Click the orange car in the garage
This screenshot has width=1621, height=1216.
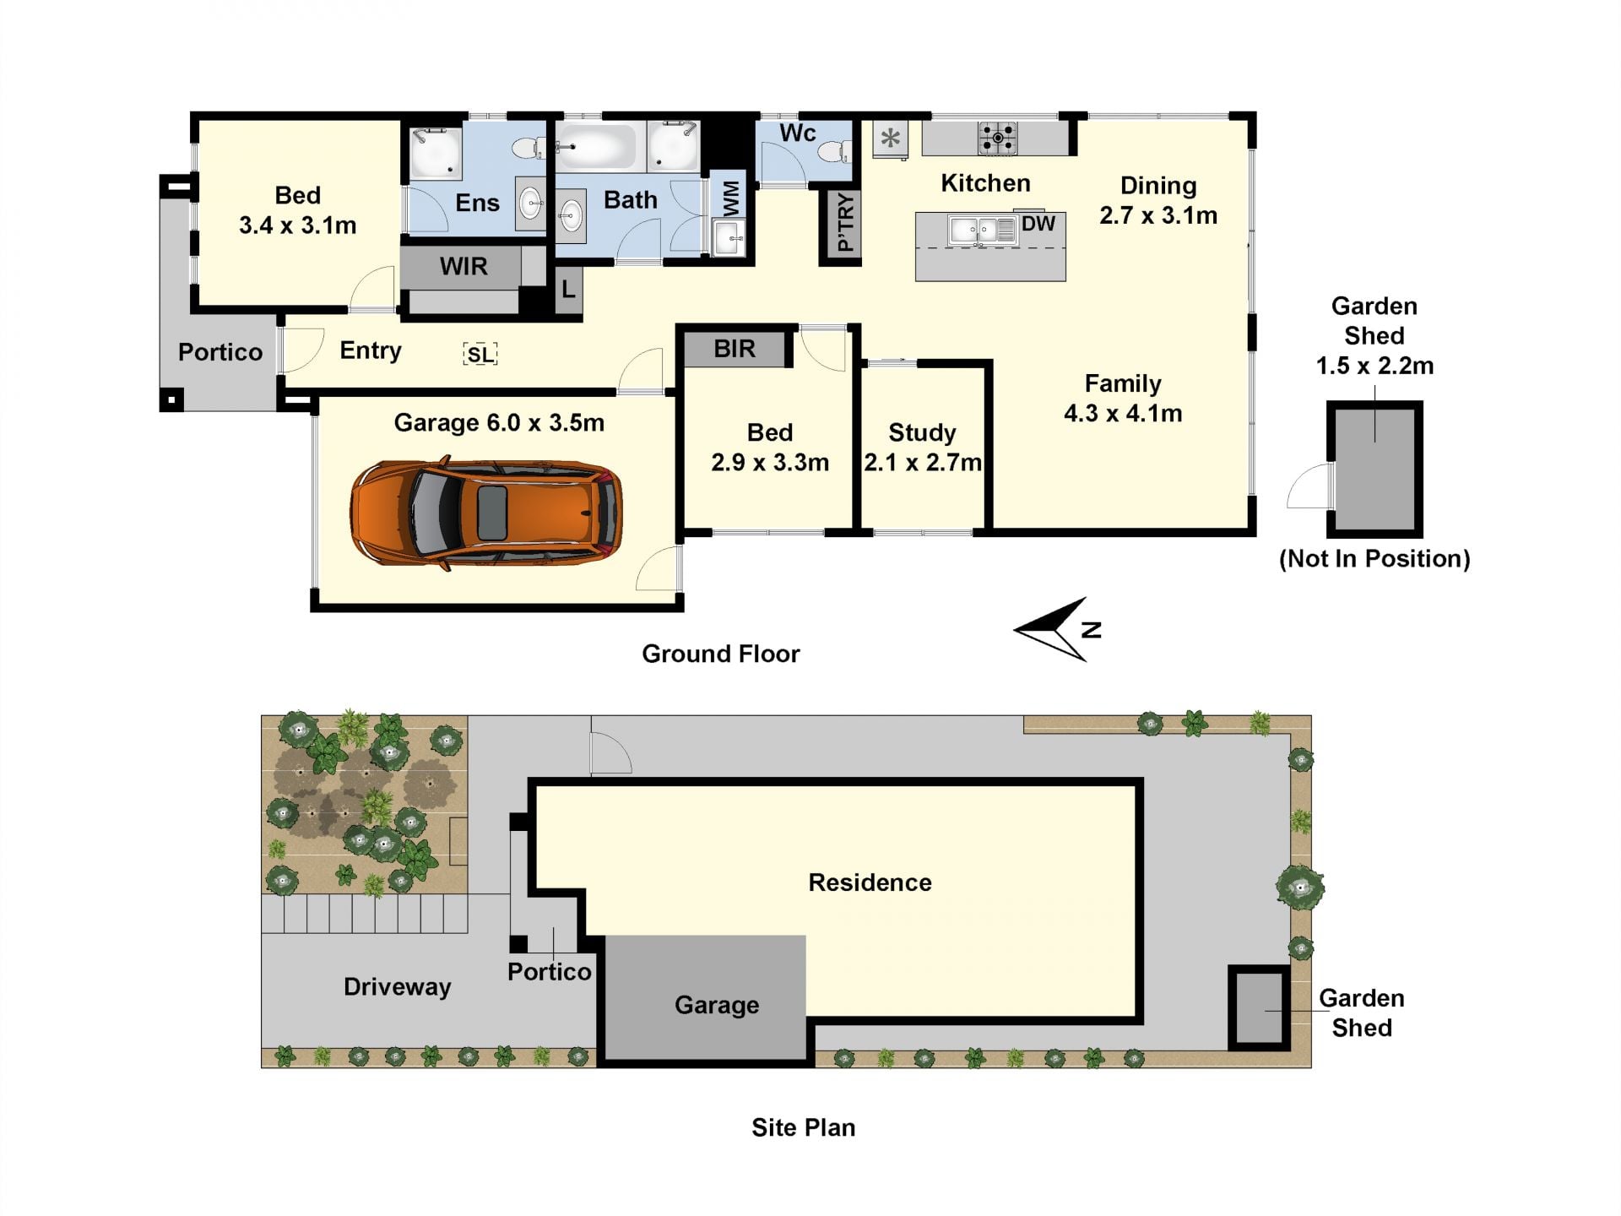tap(486, 513)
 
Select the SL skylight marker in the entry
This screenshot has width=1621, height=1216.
tap(480, 354)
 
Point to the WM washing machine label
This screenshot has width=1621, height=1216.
tap(731, 198)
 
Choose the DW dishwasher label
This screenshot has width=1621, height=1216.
tap(1038, 224)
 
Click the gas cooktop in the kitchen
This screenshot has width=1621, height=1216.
tap(997, 138)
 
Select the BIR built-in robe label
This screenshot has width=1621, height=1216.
tap(735, 349)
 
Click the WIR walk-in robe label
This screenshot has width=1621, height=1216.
tap(464, 267)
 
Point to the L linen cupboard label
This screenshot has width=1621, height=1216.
tap(568, 290)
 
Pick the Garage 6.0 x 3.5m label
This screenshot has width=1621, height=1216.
tap(499, 422)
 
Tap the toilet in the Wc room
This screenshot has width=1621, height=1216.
tap(833, 151)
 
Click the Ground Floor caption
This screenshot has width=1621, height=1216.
tap(721, 654)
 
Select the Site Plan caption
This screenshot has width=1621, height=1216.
tap(804, 1127)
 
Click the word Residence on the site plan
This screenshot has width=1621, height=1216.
tap(870, 882)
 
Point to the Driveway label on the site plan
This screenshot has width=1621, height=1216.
tap(398, 987)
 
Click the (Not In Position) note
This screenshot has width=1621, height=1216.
tap(1374, 558)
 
